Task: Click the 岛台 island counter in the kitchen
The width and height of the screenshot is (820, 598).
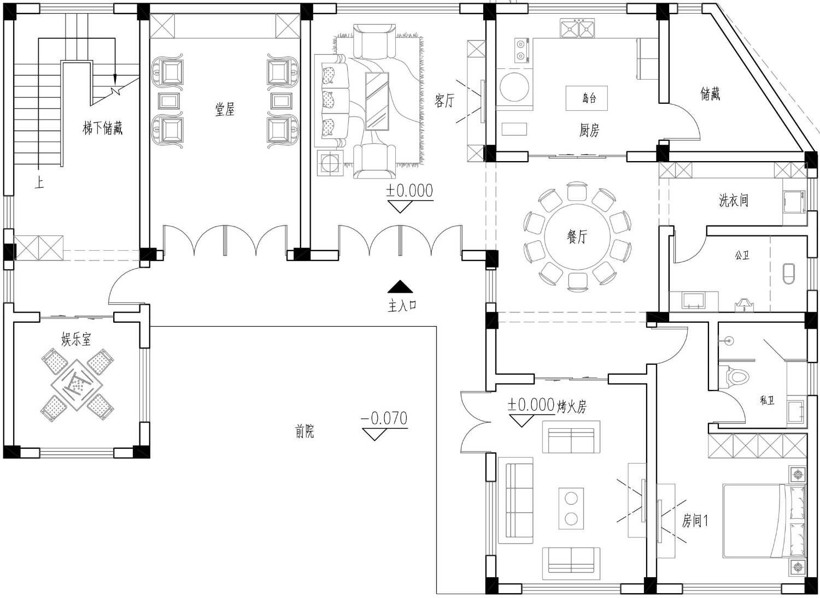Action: coord(587,98)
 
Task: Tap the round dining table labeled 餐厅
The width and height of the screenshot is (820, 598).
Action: coord(577,237)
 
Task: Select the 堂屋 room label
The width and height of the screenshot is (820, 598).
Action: coord(224,110)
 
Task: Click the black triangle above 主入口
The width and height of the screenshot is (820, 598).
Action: coord(401,287)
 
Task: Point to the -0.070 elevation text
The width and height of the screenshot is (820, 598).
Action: coord(384,418)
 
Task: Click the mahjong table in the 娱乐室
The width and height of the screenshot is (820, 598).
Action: coord(77,385)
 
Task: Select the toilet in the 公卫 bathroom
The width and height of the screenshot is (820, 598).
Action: coord(789,273)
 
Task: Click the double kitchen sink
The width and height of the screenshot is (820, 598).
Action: coord(577,28)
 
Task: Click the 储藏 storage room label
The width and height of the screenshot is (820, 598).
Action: coord(710,93)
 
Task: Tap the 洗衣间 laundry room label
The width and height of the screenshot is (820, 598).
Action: coord(733,200)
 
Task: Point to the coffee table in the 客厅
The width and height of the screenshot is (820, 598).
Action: coord(377,101)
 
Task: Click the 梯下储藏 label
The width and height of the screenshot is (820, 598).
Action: coord(103,128)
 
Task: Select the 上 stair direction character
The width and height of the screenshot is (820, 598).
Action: coord(39,182)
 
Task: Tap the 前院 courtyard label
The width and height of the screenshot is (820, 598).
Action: coord(304,431)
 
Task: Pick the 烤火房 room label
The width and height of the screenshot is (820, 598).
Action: coord(572,406)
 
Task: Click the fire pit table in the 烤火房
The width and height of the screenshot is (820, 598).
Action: coord(571,508)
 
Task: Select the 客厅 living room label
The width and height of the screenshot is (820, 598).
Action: coord(444,100)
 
